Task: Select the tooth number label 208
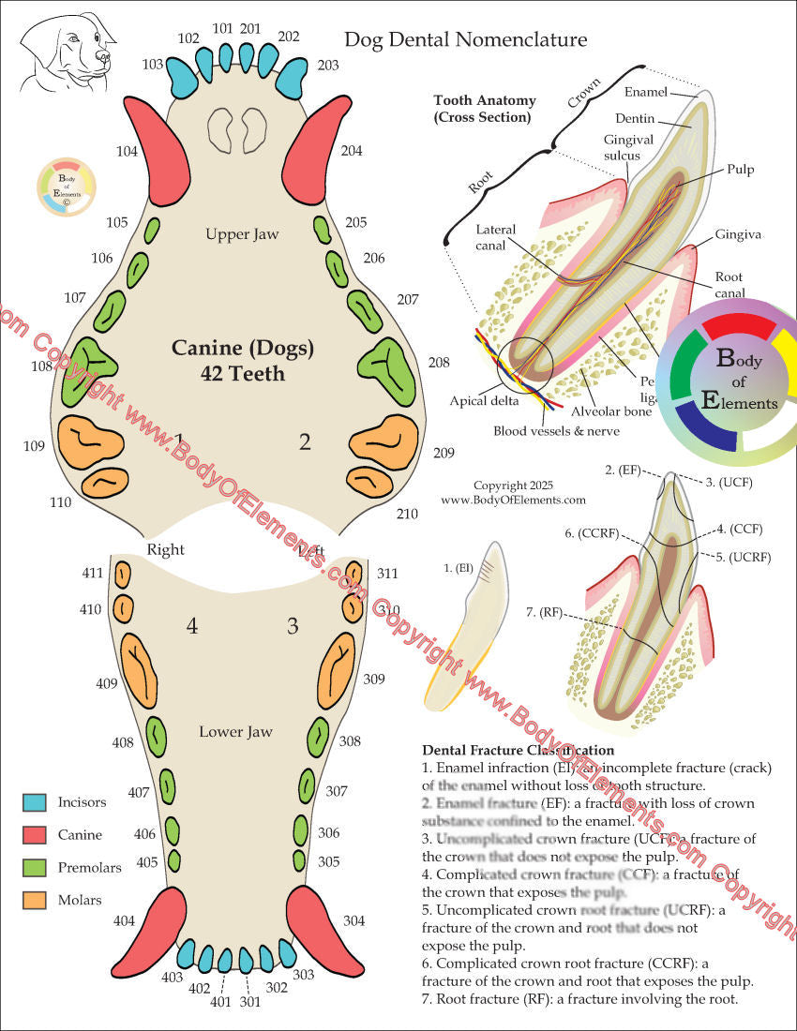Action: tap(438, 362)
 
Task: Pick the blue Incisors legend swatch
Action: tap(34, 802)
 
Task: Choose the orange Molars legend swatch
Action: tap(34, 900)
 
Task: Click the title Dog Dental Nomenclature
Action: tap(465, 39)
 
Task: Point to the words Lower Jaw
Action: tap(234, 731)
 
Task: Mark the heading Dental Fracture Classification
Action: tap(519, 750)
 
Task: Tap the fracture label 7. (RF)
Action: tap(544, 613)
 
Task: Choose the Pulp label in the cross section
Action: tap(740, 170)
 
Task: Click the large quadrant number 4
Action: tap(191, 624)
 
